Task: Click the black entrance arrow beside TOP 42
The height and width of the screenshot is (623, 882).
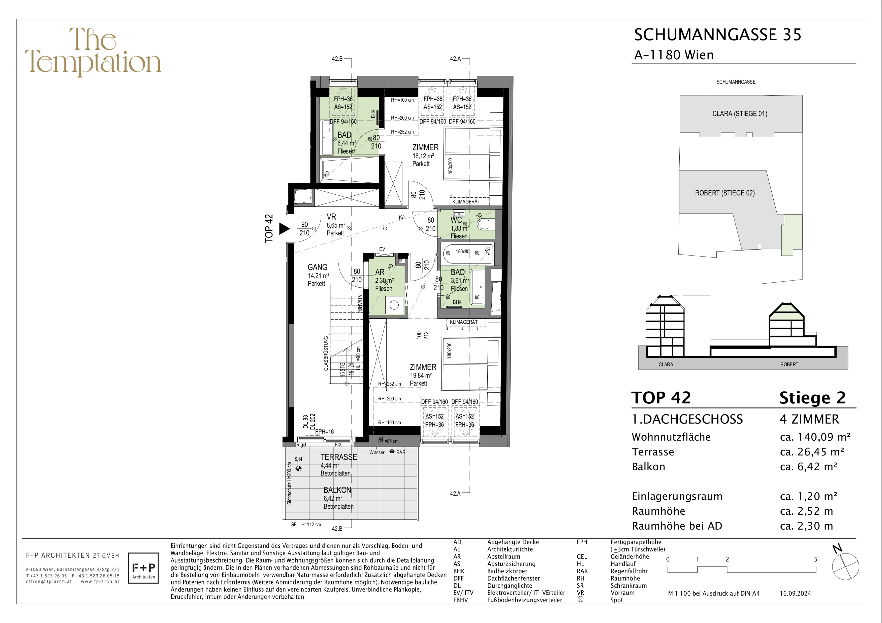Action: click(284, 229)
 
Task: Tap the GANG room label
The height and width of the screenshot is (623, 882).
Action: click(317, 267)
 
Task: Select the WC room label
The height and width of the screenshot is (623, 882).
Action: click(456, 220)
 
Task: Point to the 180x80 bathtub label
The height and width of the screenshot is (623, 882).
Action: click(462, 251)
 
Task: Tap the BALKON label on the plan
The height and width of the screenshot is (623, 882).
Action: click(337, 490)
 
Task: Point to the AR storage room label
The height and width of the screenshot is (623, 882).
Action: click(380, 272)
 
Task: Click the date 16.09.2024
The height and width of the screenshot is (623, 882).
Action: click(795, 593)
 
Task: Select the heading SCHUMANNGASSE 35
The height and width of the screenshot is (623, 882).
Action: click(718, 34)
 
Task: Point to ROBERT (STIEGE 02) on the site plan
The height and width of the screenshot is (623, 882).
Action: click(725, 193)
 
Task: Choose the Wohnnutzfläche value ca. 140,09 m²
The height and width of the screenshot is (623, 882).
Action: click(815, 437)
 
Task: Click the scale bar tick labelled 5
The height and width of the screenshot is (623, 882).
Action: click(815, 559)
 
